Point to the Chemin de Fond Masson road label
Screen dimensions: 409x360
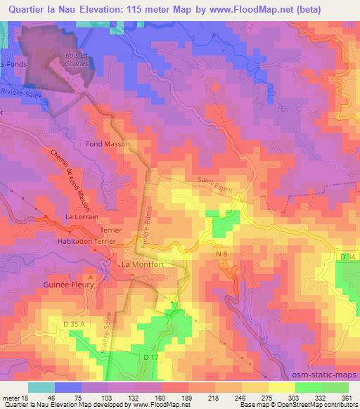pyautogui.click(x=71, y=179)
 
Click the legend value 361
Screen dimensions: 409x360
pyautogui.click(x=347, y=398)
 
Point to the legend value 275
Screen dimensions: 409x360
pyautogui.click(x=266, y=398)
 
